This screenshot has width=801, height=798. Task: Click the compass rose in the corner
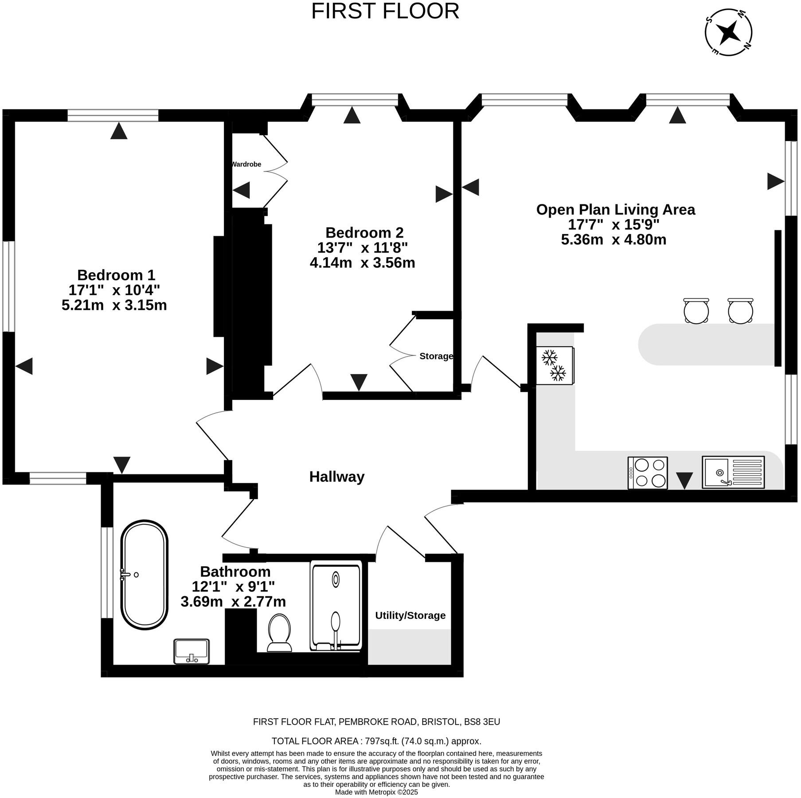[x=729, y=32]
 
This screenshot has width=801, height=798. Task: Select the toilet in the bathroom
[x=280, y=633]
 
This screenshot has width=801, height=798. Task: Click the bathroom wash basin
[x=191, y=651]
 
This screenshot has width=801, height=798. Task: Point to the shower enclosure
[x=336, y=606]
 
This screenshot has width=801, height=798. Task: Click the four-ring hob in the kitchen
[x=648, y=473]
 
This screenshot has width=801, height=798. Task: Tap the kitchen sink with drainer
[x=733, y=472]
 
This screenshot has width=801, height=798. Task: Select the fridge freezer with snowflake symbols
[x=555, y=365]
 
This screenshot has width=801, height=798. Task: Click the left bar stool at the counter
[x=696, y=310]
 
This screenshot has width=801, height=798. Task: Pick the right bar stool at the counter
[x=740, y=310]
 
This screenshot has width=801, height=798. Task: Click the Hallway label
[x=337, y=477]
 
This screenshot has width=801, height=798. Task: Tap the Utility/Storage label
[x=410, y=615]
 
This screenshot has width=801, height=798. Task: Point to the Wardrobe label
[x=246, y=164]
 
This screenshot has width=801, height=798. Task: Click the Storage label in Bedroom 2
[x=436, y=356]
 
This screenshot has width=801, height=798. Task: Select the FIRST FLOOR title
[x=385, y=11]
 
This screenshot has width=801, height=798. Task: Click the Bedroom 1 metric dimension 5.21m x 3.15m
[x=114, y=305]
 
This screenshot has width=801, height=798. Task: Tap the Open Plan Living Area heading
[x=616, y=209]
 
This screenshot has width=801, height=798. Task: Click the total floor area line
[x=376, y=741]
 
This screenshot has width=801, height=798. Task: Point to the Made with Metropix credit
[x=376, y=792]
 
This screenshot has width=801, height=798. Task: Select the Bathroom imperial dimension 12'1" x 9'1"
[x=233, y=587]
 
